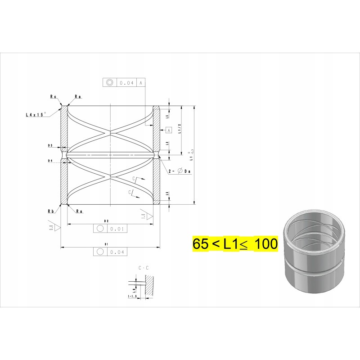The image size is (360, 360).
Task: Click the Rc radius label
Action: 53,96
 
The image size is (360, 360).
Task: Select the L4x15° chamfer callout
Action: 36,115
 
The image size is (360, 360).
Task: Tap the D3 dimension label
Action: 50,146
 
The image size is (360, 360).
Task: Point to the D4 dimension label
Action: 50,160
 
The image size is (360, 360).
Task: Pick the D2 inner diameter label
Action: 107,221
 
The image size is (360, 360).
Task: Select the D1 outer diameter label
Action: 106,244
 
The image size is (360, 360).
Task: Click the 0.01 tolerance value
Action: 116,229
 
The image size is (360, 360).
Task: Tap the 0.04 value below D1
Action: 116,252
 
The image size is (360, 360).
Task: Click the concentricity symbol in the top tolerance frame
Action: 109,83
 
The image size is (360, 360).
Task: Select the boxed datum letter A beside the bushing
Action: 169,130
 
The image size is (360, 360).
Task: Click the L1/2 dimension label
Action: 180,130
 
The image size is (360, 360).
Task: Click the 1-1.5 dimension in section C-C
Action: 132,297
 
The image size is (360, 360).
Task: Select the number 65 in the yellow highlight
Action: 201,244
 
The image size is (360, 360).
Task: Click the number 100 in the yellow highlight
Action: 265,244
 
